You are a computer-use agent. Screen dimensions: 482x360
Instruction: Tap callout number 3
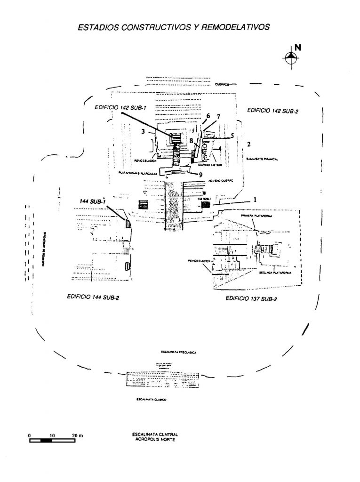[x=143, y=132]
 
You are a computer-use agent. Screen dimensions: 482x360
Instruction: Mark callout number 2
[x=249, y=143]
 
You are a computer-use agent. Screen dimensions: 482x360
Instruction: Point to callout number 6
[x=208, y=116]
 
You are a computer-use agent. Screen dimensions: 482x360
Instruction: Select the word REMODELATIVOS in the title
[x=236, y=27]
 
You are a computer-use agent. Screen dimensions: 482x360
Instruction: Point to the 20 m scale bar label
[x=77, y=435]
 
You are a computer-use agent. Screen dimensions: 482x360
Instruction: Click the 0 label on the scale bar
[x=29, y=435]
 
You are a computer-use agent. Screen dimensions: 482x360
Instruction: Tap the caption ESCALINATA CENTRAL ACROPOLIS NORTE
[x=152, y=436]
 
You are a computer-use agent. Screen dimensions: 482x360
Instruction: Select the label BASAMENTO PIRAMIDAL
[x=263, y=160]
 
